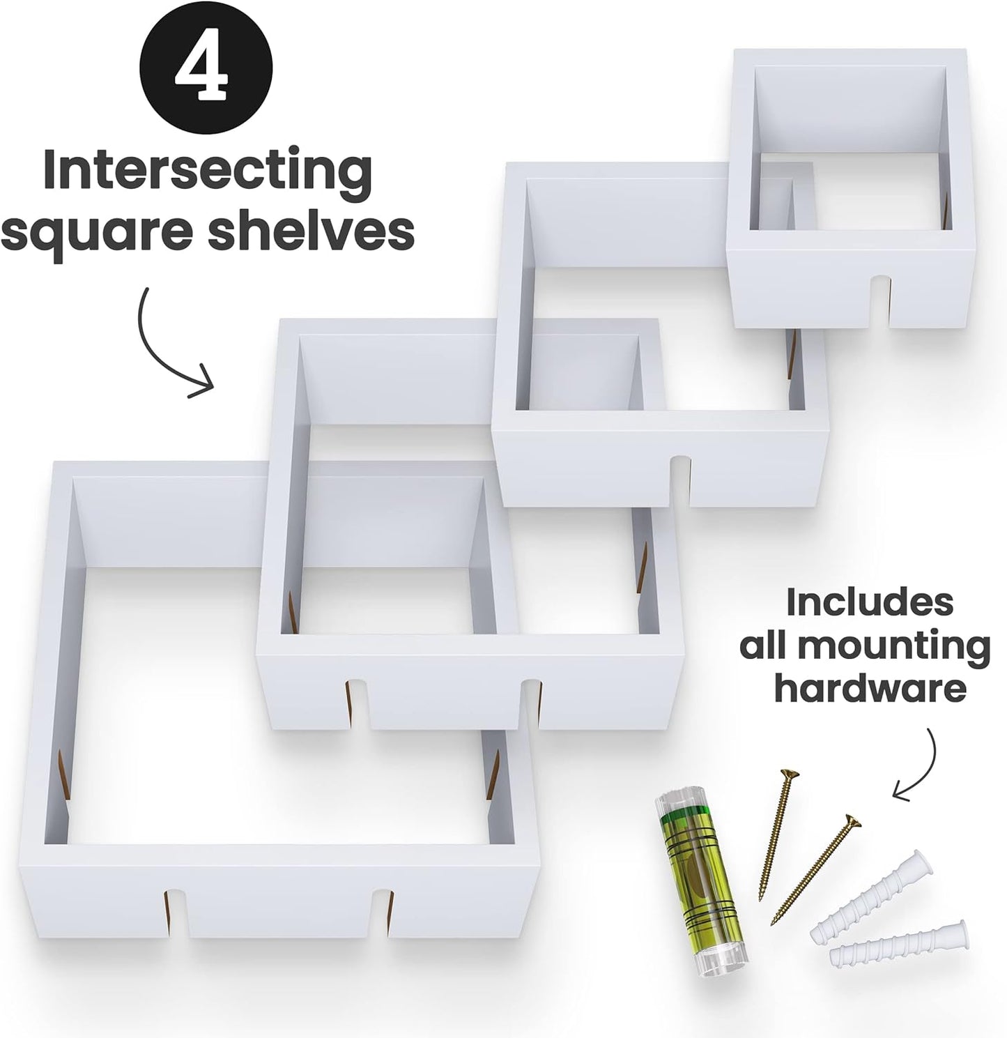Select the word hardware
[870, 688]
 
